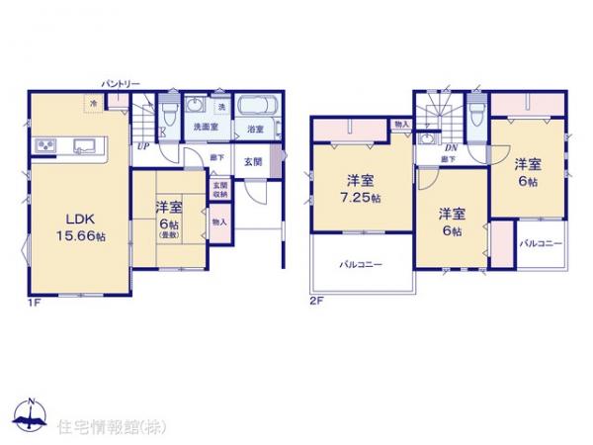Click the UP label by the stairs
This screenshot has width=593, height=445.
pos(143,145)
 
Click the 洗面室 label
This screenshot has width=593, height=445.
pos(205,129)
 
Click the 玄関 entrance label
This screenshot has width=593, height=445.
pos(253,163)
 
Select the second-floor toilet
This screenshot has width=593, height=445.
pos(477,110)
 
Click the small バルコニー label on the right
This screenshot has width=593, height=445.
pos(541,242)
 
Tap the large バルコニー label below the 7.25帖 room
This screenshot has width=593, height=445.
pos(360,265)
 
